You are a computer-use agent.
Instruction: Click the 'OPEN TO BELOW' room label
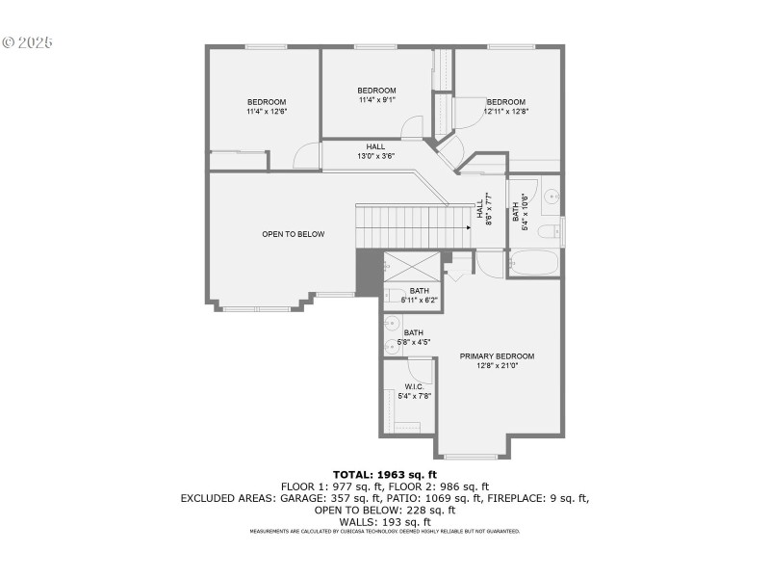294,234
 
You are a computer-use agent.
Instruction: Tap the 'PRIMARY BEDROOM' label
497,355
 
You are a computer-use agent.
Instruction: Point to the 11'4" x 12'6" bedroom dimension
267,112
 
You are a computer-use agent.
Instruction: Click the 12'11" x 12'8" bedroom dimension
505,112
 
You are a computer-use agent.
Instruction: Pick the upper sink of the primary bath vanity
392,324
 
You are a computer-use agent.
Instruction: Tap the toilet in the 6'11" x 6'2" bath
395,296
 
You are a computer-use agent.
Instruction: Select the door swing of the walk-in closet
421,369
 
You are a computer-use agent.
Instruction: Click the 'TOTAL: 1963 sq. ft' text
385,474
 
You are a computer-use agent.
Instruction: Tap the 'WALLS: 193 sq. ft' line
385,521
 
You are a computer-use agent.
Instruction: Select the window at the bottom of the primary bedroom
472,456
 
